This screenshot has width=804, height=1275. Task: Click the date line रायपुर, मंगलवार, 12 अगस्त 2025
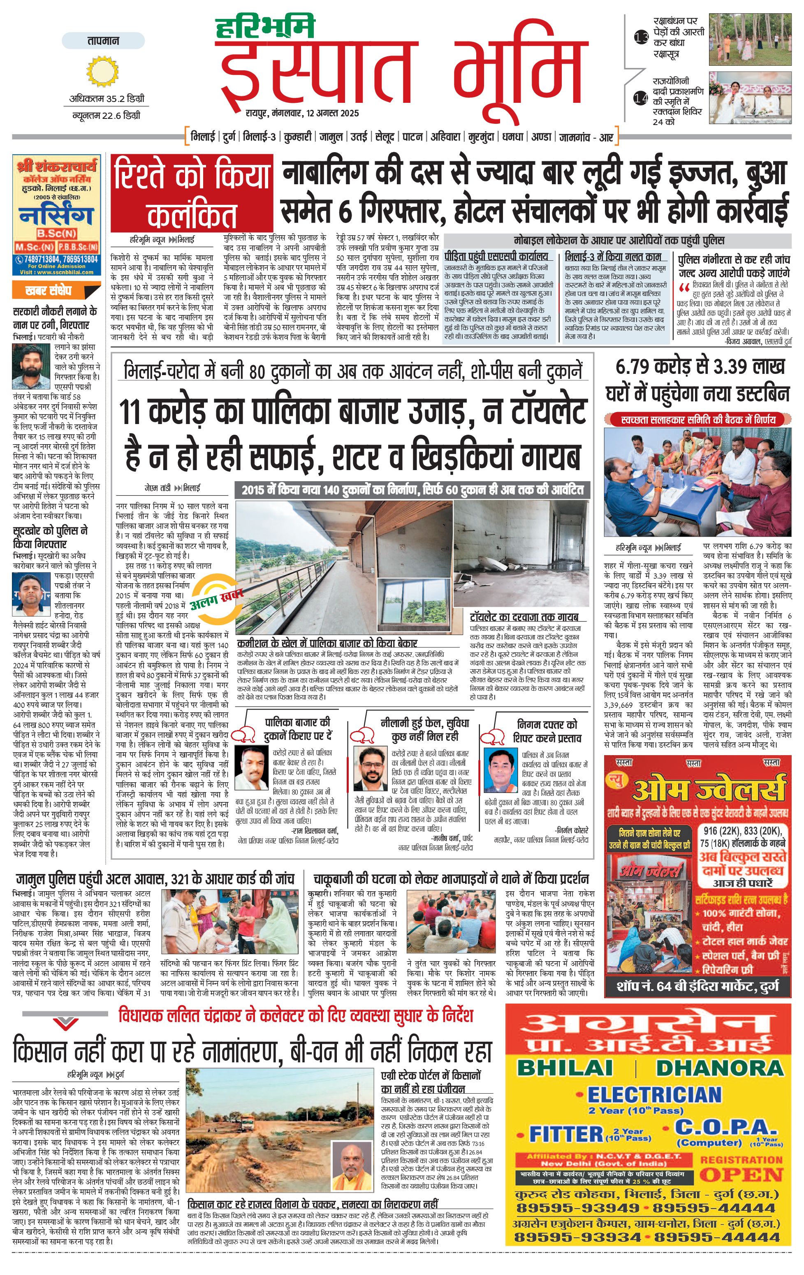coord(302,113)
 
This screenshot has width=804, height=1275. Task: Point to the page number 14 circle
coord(641,98)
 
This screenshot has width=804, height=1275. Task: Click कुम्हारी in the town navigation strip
coord(297,137)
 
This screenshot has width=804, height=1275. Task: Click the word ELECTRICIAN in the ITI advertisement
coord(654,1094)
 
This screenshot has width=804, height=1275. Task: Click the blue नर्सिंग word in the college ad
coord(56,216)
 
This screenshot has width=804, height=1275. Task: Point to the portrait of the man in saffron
coord(350,1168)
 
